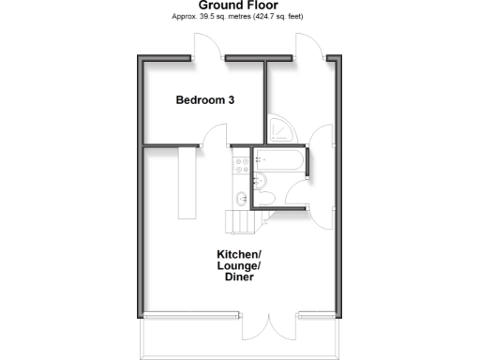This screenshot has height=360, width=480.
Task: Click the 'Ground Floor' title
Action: point(241,6)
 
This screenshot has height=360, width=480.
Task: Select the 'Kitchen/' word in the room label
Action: point(239,255)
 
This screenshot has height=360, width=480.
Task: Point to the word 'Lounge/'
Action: point(239,267)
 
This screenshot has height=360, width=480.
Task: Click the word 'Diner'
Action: point(239,279)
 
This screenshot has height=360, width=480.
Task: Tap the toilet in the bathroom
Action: point(265,196)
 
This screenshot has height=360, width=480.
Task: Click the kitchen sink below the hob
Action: point(242,197)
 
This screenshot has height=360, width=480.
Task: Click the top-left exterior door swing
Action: point(207,47)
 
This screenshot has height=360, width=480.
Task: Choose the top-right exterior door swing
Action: point(309,47)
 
